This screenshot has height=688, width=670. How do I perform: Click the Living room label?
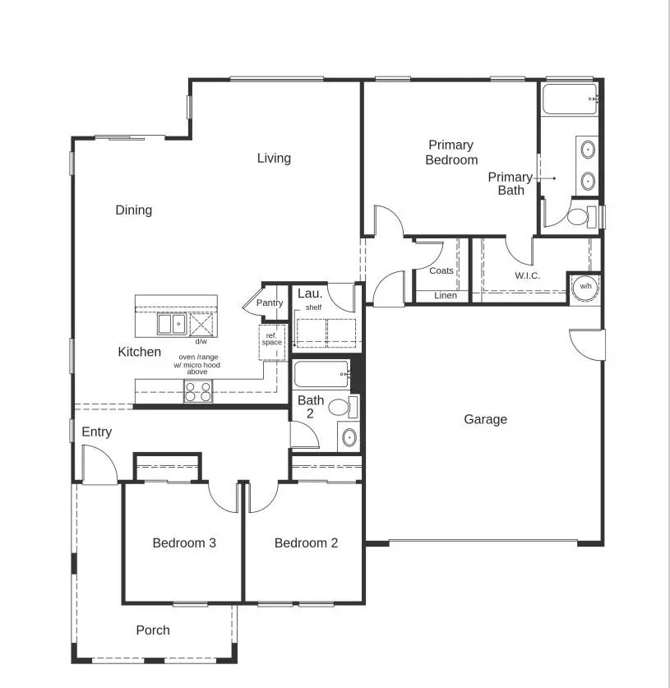pos(274,158)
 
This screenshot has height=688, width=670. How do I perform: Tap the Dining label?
pos(133,210)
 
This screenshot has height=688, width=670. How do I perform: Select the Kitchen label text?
pos(140,352)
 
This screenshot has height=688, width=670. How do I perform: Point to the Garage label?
pos(485,419)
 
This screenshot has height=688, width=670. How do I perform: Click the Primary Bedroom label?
pos(451,153)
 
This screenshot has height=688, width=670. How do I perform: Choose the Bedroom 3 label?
pos(184,543)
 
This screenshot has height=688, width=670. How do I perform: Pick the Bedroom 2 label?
pos(306,543)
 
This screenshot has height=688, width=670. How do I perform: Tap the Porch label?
pos(153,630)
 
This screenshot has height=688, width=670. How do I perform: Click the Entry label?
pos(96,432)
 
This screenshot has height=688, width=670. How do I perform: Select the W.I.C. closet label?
pos(527,275)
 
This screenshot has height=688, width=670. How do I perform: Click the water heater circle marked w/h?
pos(585,286)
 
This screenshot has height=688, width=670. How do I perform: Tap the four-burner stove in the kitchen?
pos(198,391)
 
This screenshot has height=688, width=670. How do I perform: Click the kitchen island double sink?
pos(172,324)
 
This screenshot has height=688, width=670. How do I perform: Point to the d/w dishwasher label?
pos(201,341)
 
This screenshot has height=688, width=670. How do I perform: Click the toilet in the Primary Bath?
pos(579,217)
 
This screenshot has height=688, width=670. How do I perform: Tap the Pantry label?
pos(269,303)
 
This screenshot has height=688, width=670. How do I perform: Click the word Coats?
pos(441,270)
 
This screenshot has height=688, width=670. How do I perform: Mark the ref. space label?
pos(272,339)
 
